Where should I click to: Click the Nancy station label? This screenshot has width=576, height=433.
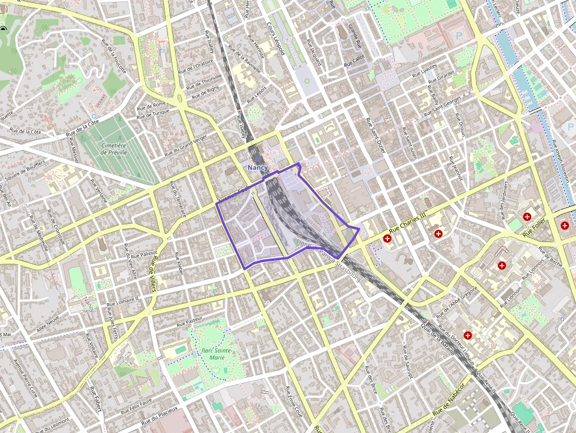(257, 167)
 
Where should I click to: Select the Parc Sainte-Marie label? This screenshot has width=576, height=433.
(217, 354)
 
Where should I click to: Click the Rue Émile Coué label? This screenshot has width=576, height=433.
(294, 402)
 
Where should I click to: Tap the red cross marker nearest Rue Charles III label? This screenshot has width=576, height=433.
(387, 239)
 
